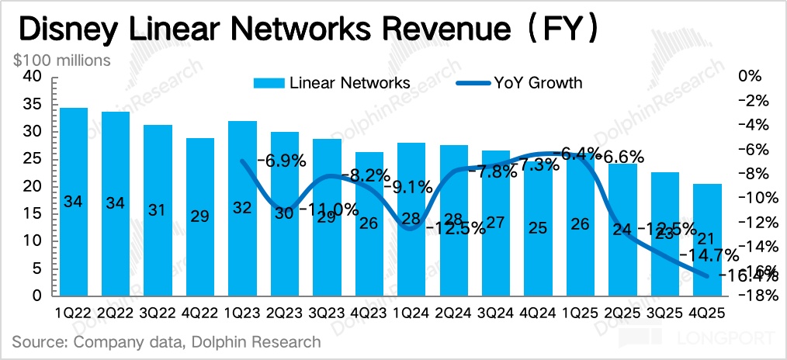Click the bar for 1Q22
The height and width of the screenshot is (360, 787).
click(x=74, y=202)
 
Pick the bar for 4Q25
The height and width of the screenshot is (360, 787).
click(x=706, y=240)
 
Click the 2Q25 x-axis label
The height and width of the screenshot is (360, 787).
click(x=622, y=313)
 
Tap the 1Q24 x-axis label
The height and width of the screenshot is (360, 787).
click(x=411, y=313)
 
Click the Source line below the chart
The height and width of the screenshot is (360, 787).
click(x=166, y=341)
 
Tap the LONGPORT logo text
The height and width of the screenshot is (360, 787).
click(x=726, y=338)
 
